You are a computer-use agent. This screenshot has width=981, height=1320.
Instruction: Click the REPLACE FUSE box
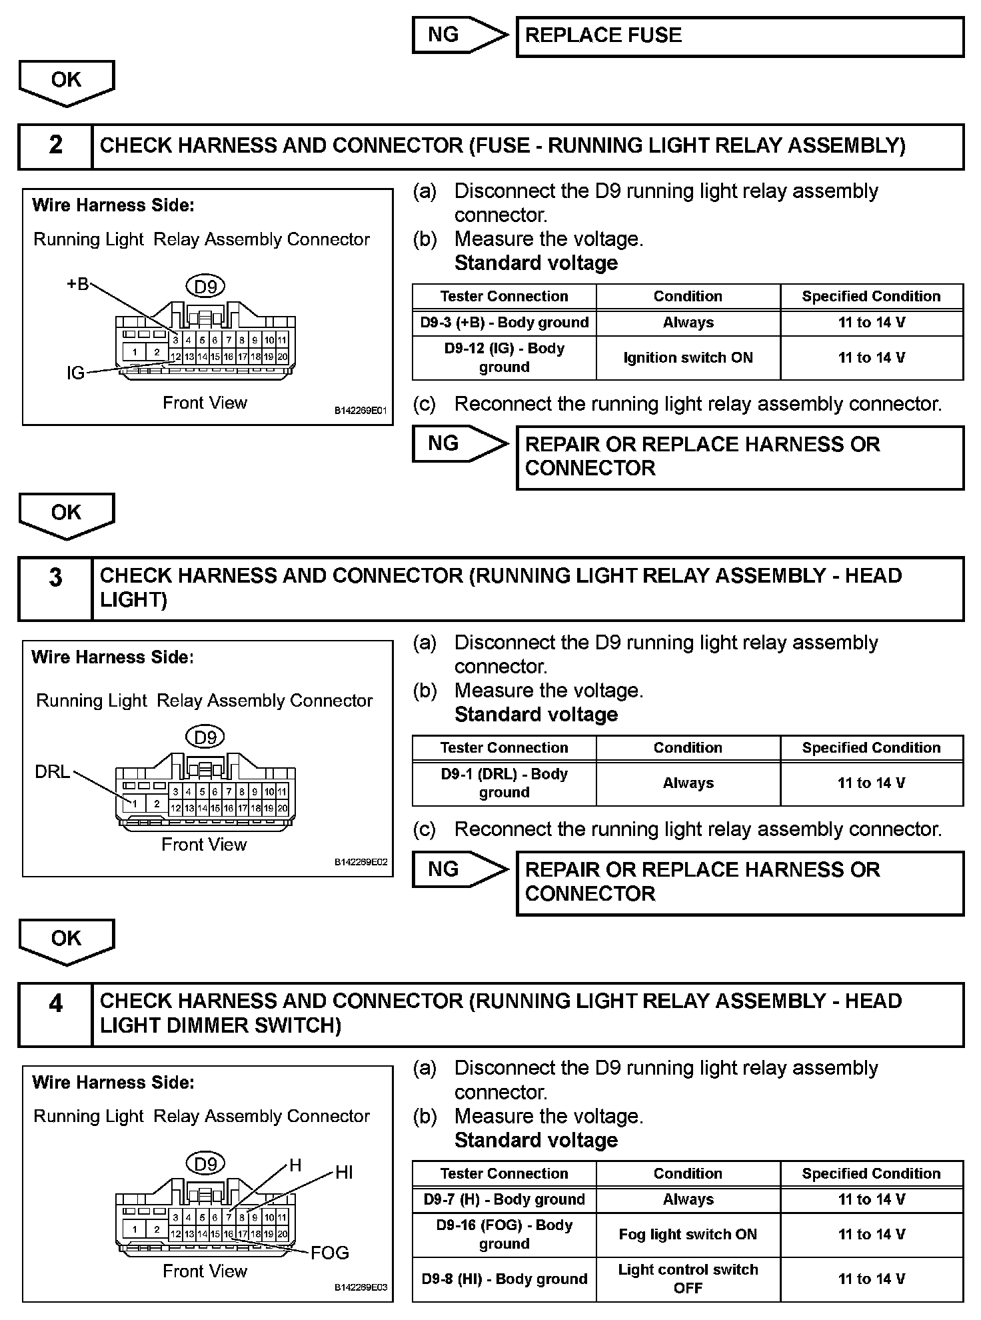point(740,37)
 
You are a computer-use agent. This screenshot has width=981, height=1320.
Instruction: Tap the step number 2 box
point(55,145)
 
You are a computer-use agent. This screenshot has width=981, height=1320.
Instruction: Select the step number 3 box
point(55,588)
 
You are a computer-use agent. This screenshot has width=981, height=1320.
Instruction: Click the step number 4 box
point(55,1013)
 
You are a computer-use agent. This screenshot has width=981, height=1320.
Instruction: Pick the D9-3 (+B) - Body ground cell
point(504,323)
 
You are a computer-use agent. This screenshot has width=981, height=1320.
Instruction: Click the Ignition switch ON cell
point(688,358)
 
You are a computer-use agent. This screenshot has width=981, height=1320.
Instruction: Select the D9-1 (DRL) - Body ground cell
point(504,783)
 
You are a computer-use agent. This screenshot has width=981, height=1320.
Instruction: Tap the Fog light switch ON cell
point(688,1235)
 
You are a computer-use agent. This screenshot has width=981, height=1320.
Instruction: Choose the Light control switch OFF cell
point(688,1279)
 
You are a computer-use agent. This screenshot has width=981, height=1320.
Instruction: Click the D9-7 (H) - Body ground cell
point(504,1199)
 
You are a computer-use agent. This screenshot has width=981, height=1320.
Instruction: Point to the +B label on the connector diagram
point(77,285)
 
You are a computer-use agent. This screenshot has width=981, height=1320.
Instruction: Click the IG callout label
point(75,373)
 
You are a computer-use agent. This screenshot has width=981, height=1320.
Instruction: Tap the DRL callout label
point(52,772)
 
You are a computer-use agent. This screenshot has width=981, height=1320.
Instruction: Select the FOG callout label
point(330,1253)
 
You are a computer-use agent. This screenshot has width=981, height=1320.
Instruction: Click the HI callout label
point(344,1173)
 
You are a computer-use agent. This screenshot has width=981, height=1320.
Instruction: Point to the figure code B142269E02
point(361,862)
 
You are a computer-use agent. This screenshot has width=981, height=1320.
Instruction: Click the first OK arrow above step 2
point(67,81)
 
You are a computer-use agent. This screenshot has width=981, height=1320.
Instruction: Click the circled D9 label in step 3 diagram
point(205,737)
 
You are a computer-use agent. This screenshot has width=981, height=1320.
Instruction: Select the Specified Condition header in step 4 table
point(871,1173)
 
